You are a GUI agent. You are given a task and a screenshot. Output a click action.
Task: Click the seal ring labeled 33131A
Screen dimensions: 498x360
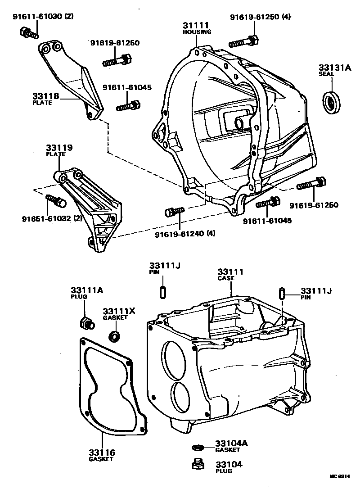click(x=332, y=102)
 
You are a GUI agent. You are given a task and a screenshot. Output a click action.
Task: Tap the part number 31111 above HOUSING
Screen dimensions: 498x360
click(x=194, y=25)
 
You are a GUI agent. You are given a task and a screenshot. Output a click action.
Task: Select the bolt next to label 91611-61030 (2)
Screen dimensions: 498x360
click(x=28, y=32)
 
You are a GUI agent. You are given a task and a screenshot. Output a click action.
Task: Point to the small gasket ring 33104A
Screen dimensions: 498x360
click(x=197, y=447)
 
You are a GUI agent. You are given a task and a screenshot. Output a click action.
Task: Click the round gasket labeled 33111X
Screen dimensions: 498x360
click(x=115, y=336)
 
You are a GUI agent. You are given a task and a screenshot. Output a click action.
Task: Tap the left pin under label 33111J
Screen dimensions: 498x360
click(x=162, y=291)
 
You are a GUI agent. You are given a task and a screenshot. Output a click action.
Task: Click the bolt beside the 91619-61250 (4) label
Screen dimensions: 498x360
click(x=244, y=41)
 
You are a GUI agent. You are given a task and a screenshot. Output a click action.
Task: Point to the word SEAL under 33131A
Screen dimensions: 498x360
click(x=325, y=73)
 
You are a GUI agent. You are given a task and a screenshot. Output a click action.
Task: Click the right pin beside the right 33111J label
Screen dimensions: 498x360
click(x=282, y=293)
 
